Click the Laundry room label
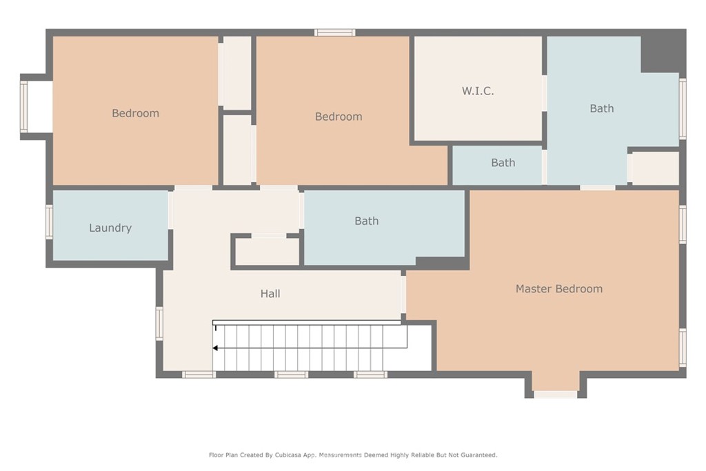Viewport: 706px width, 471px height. tap(110, 228)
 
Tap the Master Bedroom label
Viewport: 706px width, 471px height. tap(558, 289)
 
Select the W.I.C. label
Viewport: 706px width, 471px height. tap(477, 91)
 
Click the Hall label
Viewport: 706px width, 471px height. tap(270, 294)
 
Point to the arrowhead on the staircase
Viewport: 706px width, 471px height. tap(216, 348)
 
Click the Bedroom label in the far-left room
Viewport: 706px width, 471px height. tap(135, 113)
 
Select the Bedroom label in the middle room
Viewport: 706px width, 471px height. tap(338, 117)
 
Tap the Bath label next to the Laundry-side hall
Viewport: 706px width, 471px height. tap(366, 221)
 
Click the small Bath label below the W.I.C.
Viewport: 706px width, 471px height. tap(503, 163)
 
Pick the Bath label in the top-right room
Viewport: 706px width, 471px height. tap(601, 108)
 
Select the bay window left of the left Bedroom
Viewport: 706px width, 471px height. tap(24, 107)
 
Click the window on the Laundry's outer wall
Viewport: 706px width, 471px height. tap(50, 222)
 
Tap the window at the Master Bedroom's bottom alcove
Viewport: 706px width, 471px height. tap(555, 394)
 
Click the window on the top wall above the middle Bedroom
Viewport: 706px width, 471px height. tap(335, 32)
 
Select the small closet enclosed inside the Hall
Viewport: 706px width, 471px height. tap(268, 252)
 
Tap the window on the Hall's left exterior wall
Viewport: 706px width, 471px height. tap(159, 323)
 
